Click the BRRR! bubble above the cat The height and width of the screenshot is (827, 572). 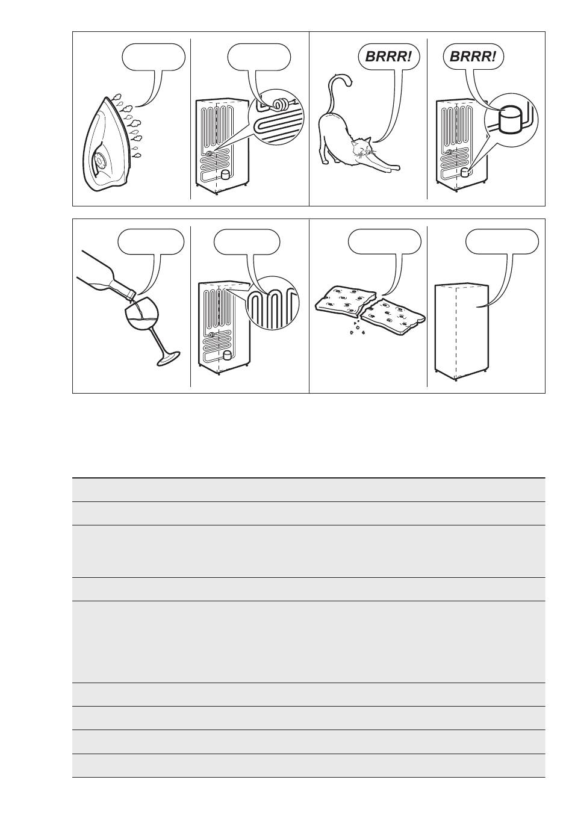click(389, 57)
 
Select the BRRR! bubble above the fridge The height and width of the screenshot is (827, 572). click(473, 57)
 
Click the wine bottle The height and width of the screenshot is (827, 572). click(107, 274)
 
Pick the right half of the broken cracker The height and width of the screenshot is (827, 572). click(392, 316)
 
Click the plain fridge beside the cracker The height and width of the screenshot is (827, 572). click(462, 332)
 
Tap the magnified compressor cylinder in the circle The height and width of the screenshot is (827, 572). click(509, 119)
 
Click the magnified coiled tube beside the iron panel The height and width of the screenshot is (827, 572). click(281, 105)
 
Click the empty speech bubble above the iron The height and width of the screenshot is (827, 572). click(154, 57)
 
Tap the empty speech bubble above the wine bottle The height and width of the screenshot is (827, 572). click(151, 242)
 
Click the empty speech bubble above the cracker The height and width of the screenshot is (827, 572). click(384, 242)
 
